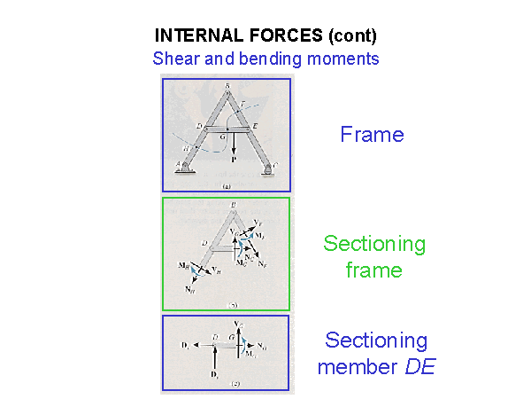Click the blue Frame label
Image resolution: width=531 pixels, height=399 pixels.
point(372,135)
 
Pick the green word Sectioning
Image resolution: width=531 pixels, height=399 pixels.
point(374,244)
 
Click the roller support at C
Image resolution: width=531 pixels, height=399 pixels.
point(267,169)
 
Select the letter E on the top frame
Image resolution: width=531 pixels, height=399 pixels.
point(256,126)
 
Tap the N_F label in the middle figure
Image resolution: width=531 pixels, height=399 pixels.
point(263,265)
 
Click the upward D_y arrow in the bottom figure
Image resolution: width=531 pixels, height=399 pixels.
point(218,359)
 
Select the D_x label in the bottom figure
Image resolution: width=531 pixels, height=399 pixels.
point(184,340)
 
